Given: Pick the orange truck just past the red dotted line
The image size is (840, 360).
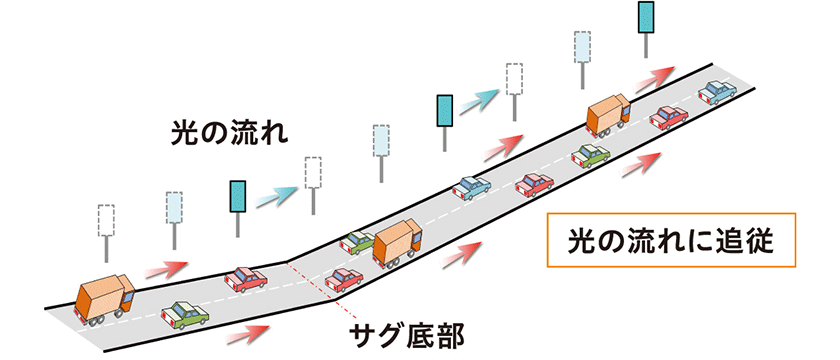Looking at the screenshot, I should pyautogui.click(x=401, y=243).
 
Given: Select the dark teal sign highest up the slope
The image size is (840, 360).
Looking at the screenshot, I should pyautogui.click(x=646, y=19).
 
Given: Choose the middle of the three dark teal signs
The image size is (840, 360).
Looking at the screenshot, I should pyautogui.click(x=443, y=110).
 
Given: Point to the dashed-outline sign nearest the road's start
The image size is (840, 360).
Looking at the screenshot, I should pyautogui.click(x=106, y=220).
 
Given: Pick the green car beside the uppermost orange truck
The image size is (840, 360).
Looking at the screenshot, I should pyautogui.click(x=590, y=154).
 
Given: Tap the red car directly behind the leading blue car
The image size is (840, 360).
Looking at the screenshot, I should pyautogui.click(x=668, y=118).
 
